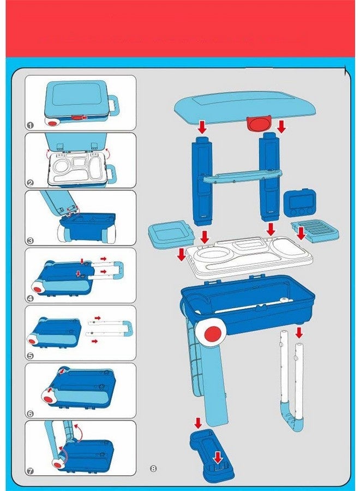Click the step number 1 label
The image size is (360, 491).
tap(30, 125)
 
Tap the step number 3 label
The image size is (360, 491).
tap(30, 240)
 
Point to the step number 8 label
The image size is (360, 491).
tap(153, 468)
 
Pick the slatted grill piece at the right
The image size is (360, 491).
tap(315, 232)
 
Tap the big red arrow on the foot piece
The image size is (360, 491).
tap(218, 457)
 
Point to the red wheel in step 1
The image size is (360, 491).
tap(53, 124)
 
